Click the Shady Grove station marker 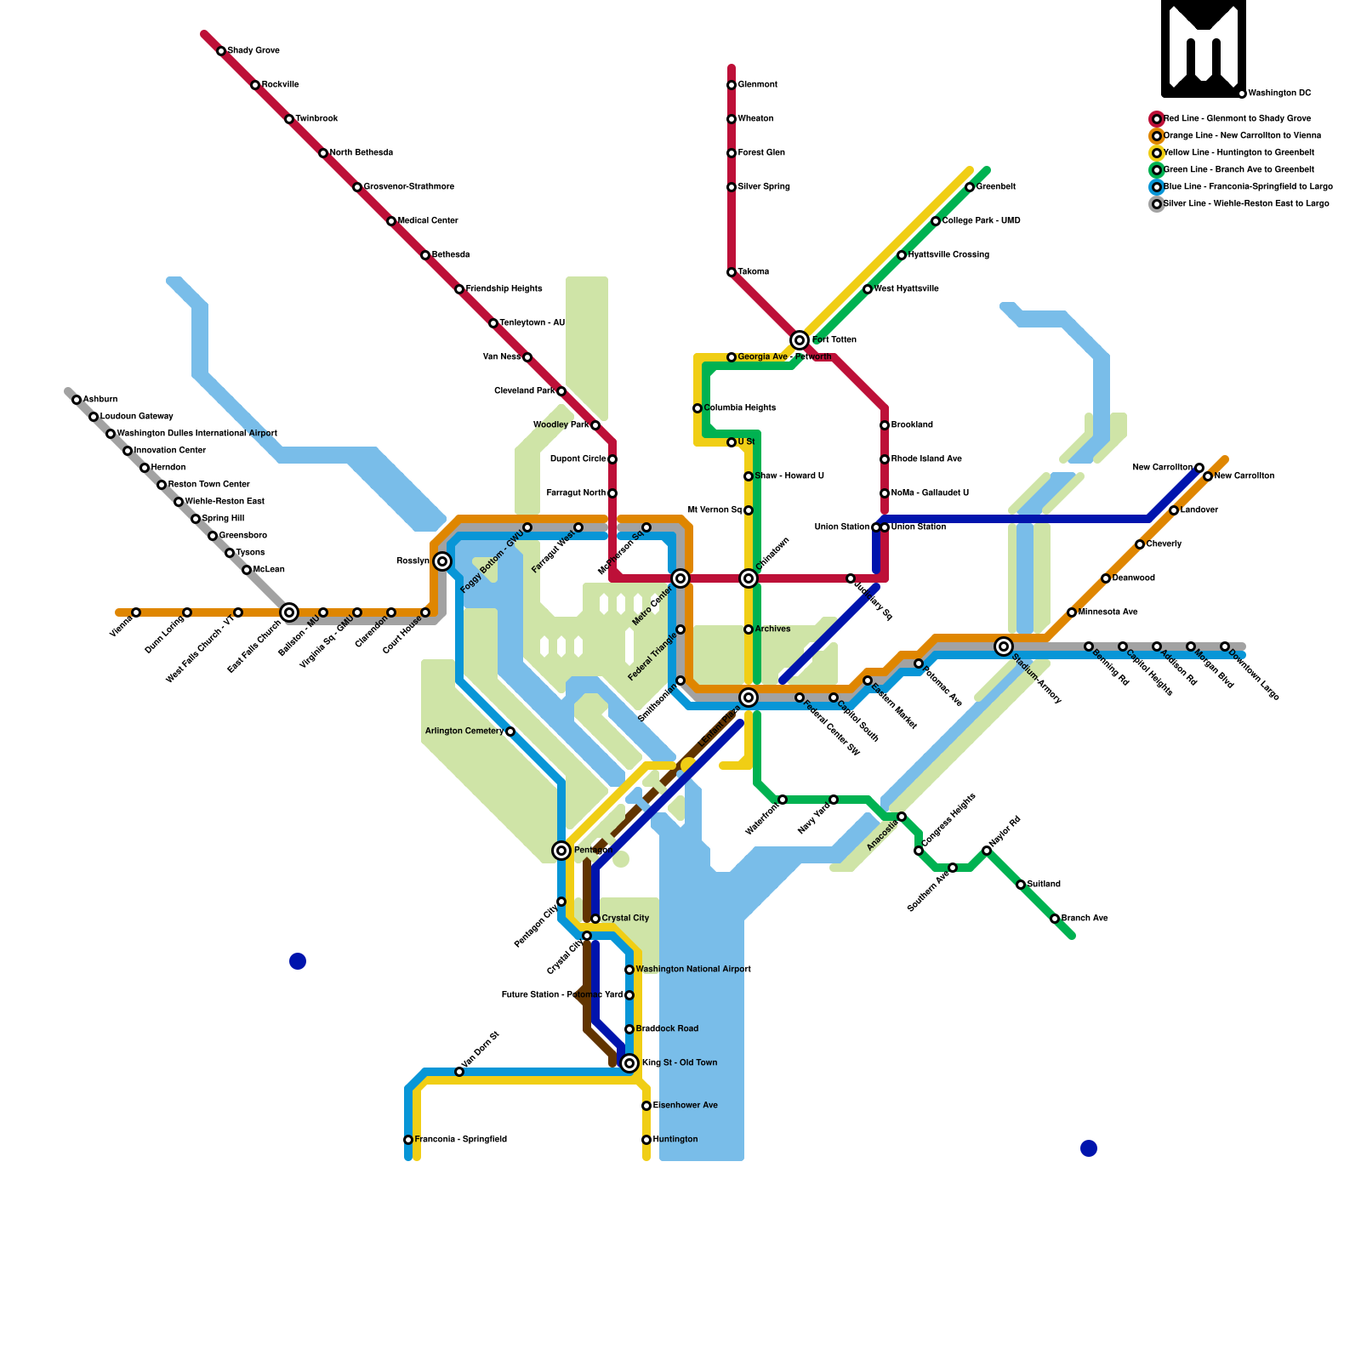(221, 51)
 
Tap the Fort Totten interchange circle (799, 340)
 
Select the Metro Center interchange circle (680, 578)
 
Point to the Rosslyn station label (413, 561)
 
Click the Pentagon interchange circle (561, 851)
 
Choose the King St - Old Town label (680, 1062)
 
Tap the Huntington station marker (646, 1140)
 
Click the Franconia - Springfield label (460, 1139)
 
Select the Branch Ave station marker (1055, 919)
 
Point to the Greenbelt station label (995, 187)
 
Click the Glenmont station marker (732, 85)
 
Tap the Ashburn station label (100, 400)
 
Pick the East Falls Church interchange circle (289, 612)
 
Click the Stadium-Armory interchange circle (1004, 646)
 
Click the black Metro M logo (1204, 48)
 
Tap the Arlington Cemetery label (464, 732)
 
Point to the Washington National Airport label (693, 970)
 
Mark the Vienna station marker (136, 612)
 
